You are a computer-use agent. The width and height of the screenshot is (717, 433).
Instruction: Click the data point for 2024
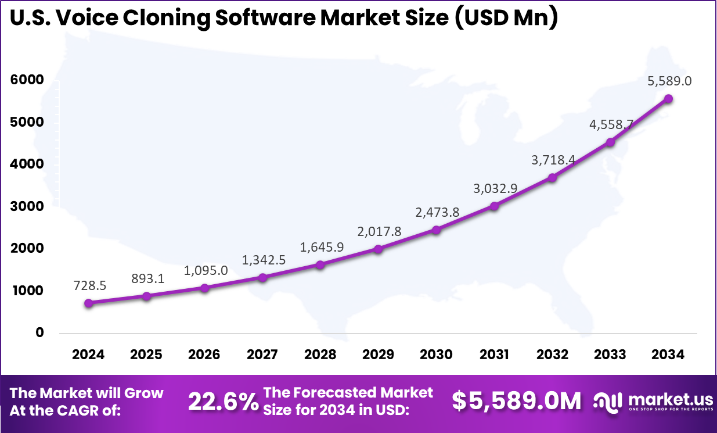88,303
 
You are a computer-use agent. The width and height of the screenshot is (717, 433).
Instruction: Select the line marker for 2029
378,249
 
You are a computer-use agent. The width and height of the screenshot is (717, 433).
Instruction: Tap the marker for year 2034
668,99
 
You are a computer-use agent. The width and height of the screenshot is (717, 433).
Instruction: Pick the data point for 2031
494,206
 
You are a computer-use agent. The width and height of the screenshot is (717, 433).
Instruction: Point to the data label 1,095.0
206,270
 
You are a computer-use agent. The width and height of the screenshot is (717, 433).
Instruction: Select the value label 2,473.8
437,212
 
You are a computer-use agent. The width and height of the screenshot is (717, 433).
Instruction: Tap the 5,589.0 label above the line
669,81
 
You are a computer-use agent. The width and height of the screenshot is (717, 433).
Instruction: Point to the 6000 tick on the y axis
27,80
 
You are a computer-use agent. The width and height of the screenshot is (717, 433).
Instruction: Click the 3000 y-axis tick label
27,206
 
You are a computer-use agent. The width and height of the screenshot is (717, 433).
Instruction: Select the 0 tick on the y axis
39,332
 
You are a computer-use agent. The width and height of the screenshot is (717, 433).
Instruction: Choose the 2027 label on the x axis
262,355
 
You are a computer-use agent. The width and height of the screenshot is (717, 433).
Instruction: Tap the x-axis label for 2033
610,355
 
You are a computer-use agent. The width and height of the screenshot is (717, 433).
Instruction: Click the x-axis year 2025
146,355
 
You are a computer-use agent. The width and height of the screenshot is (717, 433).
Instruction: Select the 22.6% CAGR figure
223,402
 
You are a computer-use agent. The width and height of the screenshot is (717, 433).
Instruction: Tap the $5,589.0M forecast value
516,401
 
